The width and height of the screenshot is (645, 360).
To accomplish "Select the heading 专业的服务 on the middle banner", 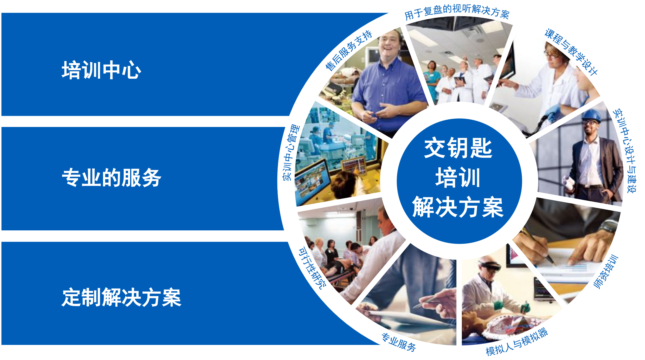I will pyautogui.click(x=112, y=178).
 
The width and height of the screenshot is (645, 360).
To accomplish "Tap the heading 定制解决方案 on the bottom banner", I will pyautogui.click(x=121, y=298).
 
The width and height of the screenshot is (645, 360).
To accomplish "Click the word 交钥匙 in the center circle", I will pyautogui.click(x=458, y=148).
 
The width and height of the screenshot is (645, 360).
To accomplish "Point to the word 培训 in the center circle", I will pyautogui.click(x=458, y=178).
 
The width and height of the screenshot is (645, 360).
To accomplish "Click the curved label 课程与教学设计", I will pyautogui.click(x=571, y=52).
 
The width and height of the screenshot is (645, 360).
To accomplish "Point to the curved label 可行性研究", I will pyautogui.click(x=312, y=268).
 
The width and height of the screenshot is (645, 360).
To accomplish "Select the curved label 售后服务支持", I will pyautogui.click(x=349, y=50).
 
